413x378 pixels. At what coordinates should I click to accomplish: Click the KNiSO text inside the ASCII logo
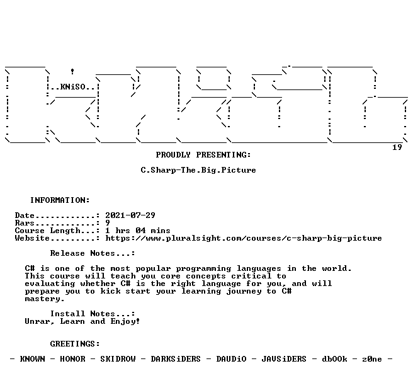coord(72,87)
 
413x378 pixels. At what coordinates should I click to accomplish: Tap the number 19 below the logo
coord(397,147)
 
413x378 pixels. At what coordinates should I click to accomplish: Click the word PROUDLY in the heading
coord(173,155)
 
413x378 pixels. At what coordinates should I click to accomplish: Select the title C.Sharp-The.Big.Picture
coord(198,170)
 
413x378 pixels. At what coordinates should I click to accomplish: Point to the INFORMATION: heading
coord(60,200)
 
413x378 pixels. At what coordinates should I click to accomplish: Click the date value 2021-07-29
coord(130,215)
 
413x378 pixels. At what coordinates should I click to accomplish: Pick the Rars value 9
coord(108,223)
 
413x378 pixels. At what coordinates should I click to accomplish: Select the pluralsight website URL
coord(244,238)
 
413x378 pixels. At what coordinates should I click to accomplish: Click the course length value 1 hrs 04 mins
coord(138,231)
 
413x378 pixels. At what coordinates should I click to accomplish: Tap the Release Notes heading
coord(93,253)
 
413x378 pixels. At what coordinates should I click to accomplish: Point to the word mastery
coord(45,299)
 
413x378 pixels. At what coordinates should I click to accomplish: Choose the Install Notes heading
coord(93,314)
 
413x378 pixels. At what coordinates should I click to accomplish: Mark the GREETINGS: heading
coord(75,344)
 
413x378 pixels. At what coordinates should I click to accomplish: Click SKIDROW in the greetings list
coord(118,359)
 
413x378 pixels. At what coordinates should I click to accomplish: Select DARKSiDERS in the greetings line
coord(176,359)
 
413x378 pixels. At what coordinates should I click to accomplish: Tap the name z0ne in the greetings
coord(372,359)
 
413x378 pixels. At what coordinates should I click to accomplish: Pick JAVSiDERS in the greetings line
coord(284,359)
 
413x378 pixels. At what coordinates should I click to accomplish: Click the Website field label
coord(32,238)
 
